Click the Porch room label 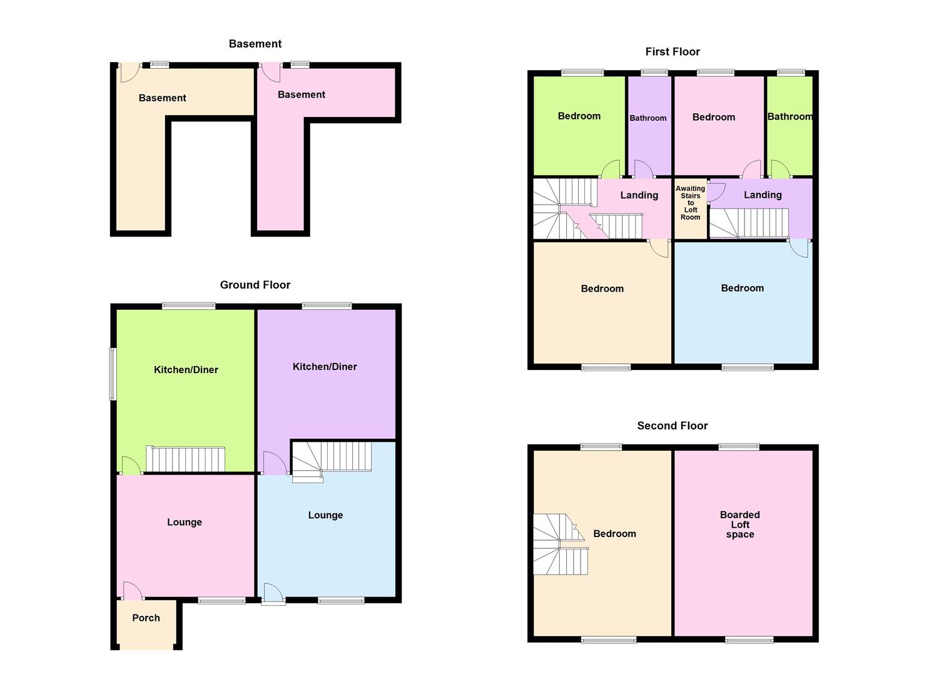(x=146, y=618)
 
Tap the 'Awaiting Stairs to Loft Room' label (x=690, y=203)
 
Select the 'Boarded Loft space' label (x=740, y=525)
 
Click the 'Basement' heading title (x=255, y=44)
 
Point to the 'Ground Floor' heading (x=255, y=285)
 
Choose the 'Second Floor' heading (x=673, y=426)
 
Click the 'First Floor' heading (x=673, y=51)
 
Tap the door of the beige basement (x=128, y=73)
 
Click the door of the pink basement (x=271, y=73)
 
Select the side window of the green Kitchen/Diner (x=113, y=374)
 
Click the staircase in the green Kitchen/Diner (x=185, y=459)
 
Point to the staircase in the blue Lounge (x=332, y=459)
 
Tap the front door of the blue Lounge (x=273, y=594)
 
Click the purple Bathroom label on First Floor (x=648, y=118)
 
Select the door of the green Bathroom (x=779, y=169)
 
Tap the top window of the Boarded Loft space (x=739, y=447)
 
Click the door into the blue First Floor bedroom (x=799, y=248)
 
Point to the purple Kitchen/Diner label (x=325, y=367)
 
